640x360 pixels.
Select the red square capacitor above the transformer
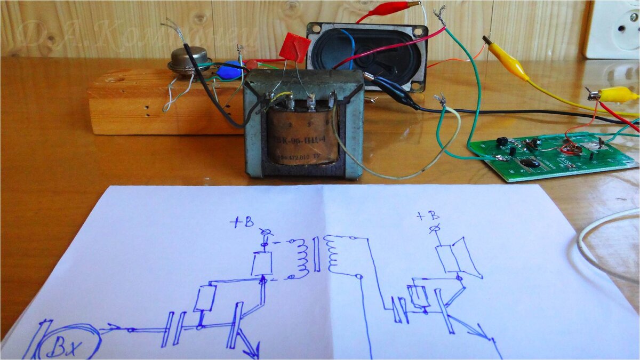pyautogui.click(x=294, y=47)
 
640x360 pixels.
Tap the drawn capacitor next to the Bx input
pyautogui.click(x=173, y=329)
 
